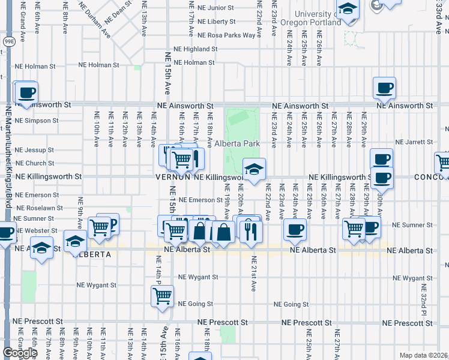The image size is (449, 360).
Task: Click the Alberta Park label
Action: pos(237,143)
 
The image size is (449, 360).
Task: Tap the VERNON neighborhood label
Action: pos(173,177)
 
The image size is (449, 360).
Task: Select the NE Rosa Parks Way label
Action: pos(227,35)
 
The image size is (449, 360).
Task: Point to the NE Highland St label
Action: pos(195,49)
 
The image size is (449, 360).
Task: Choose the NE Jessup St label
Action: pos(34,150)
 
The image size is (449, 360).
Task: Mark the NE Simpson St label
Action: pos(37,121)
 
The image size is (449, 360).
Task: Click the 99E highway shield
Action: pos(9,41)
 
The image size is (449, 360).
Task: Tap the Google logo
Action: pos(20,353)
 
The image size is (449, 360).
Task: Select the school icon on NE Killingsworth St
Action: pos(254,170)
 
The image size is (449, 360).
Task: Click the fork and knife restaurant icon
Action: pos(251,231)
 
